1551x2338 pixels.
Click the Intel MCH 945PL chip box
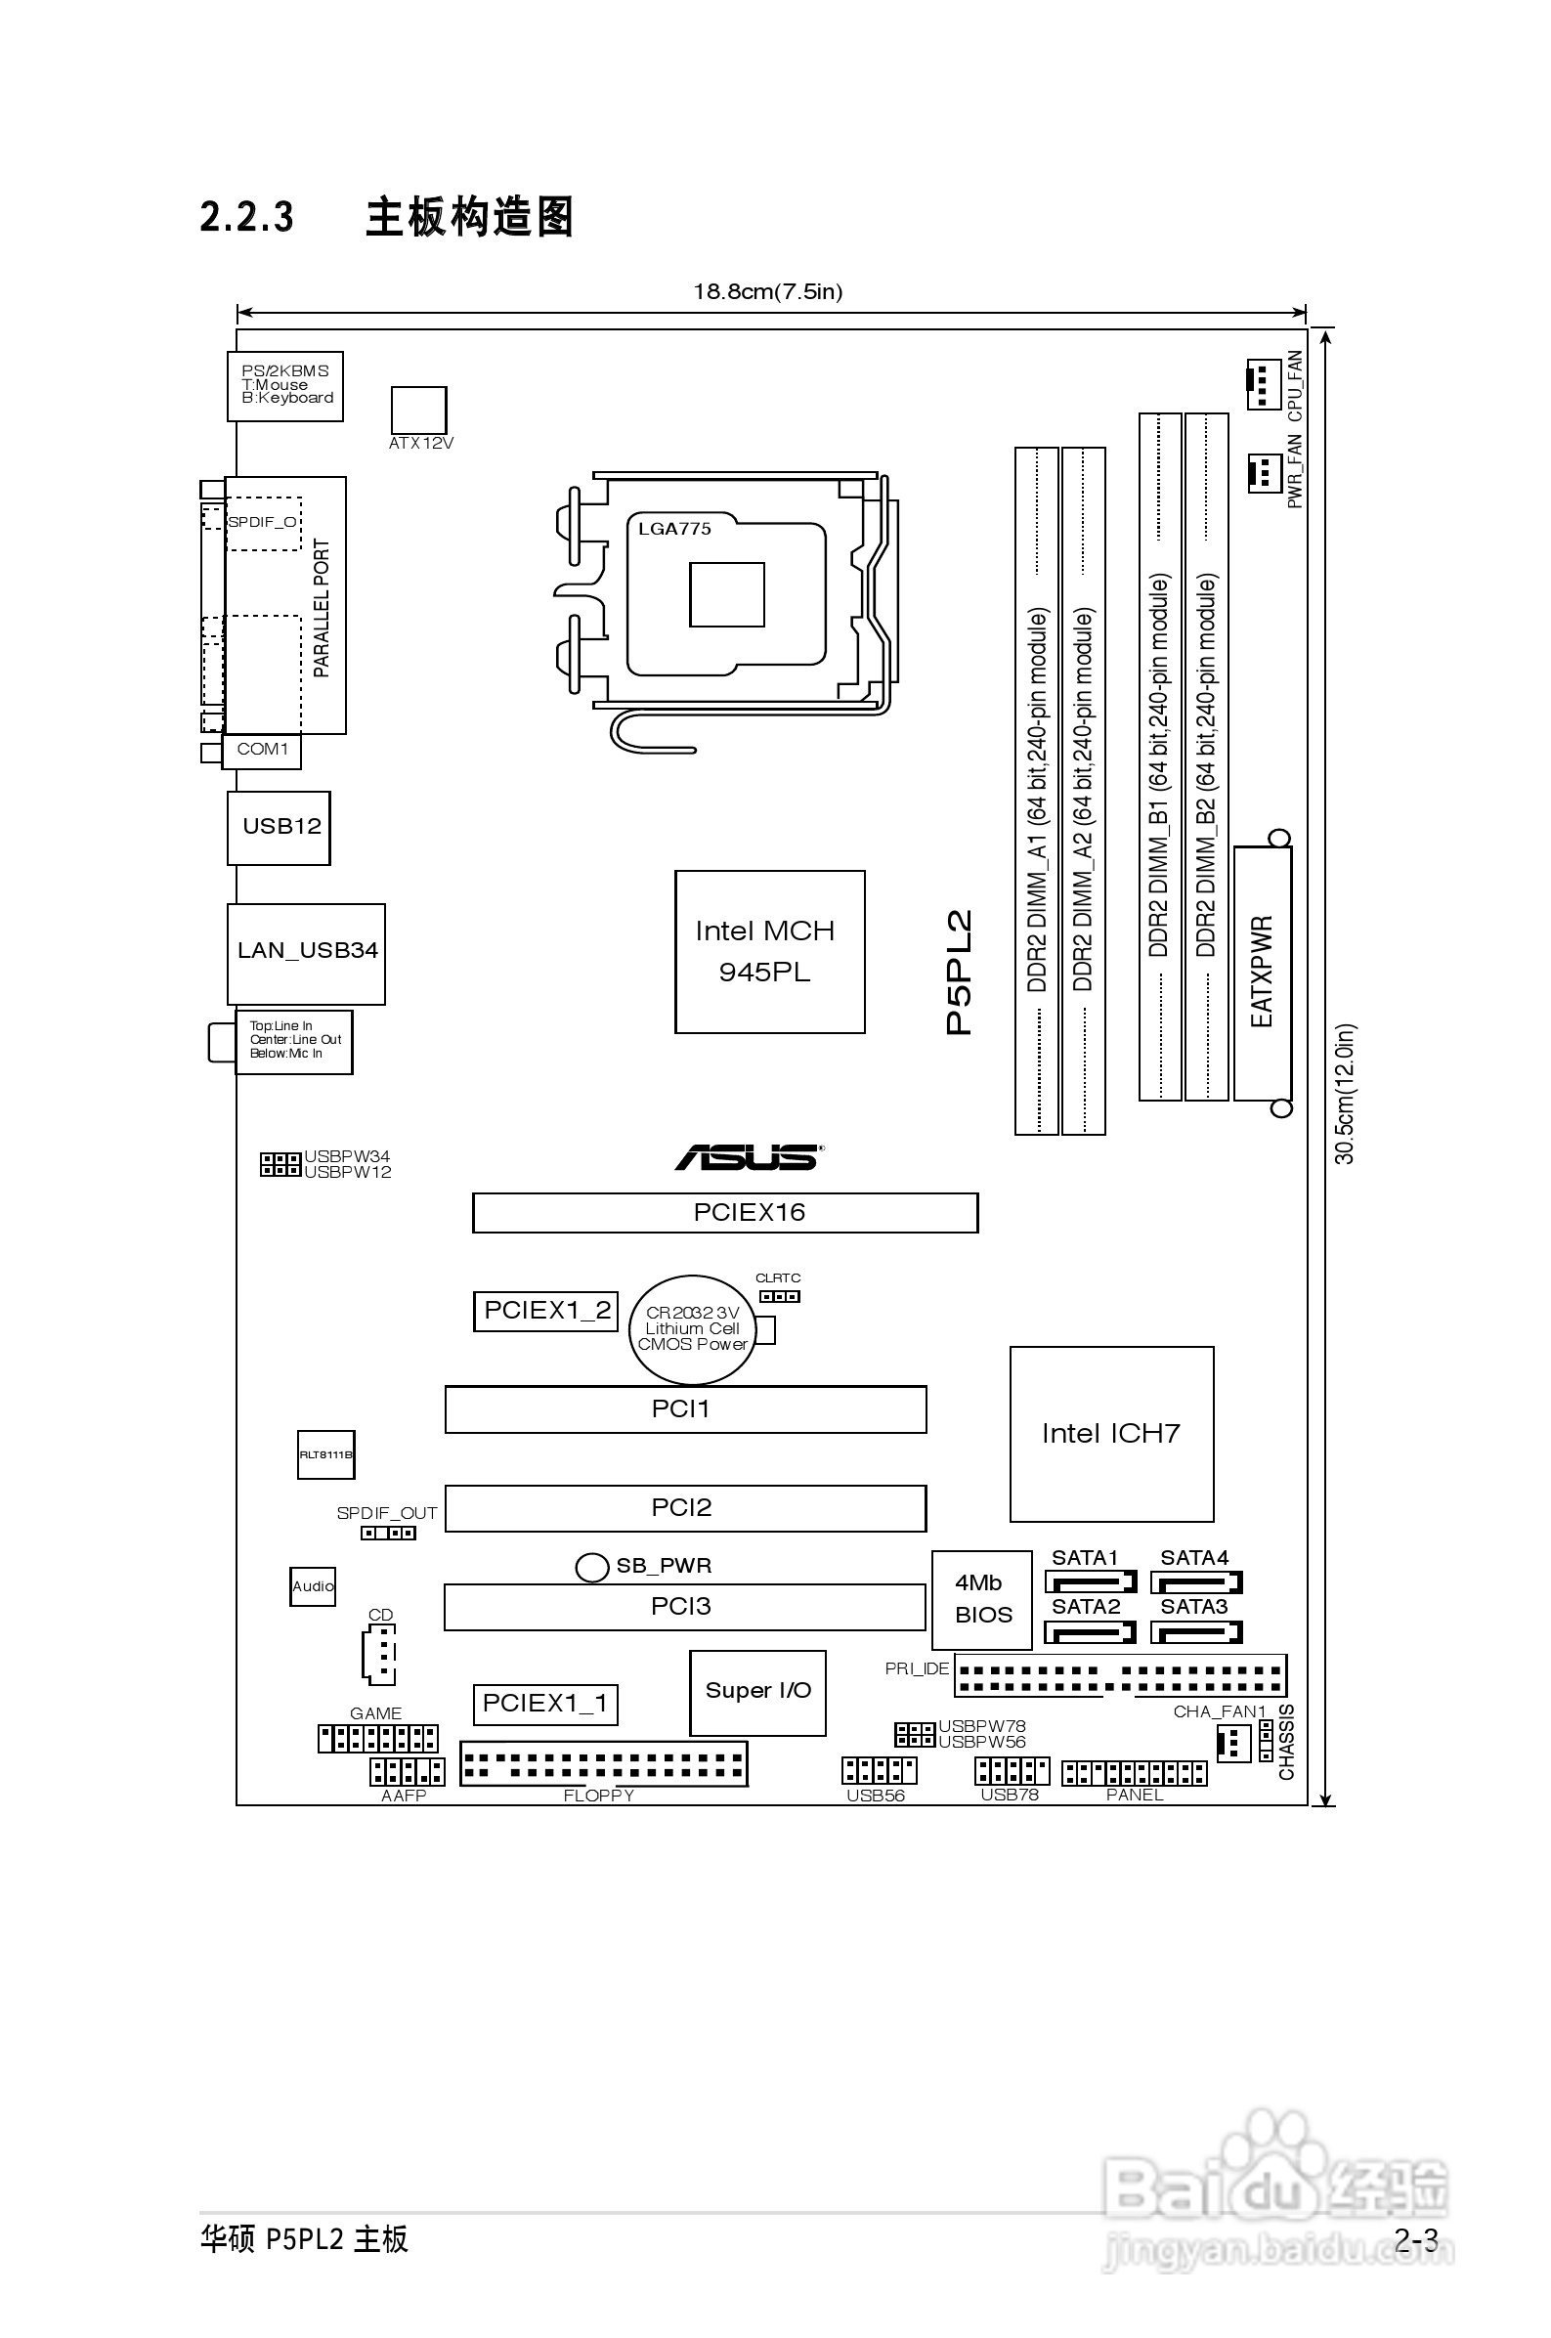pos(769,951)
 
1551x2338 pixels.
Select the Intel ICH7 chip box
pos(1111,1433)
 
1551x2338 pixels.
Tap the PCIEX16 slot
pos(725,1213)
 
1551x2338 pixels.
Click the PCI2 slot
pos(685,1507)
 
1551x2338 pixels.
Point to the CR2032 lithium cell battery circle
pos(692,1329)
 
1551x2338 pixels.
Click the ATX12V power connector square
pos(418,410)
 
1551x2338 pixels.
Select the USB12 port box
pos(279,828)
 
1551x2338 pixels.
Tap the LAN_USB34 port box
pos(306,953)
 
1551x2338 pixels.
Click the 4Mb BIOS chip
pos(981,1599)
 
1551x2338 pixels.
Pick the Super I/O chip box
pos(757,1692)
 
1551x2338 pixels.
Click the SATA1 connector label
pos(1084,1558)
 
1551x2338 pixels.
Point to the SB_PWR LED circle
pos(591,1567)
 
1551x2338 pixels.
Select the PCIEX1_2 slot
pos(546,1312)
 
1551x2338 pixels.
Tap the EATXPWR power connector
pos(1262,974)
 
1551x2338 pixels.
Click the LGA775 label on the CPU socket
pos(674,529)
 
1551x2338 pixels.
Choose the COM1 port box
pos(262,751)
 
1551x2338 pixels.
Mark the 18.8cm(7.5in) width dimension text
pos(767,291)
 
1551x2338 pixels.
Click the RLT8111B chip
pos(325,1454)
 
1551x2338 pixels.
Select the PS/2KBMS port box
pos(284,386)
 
